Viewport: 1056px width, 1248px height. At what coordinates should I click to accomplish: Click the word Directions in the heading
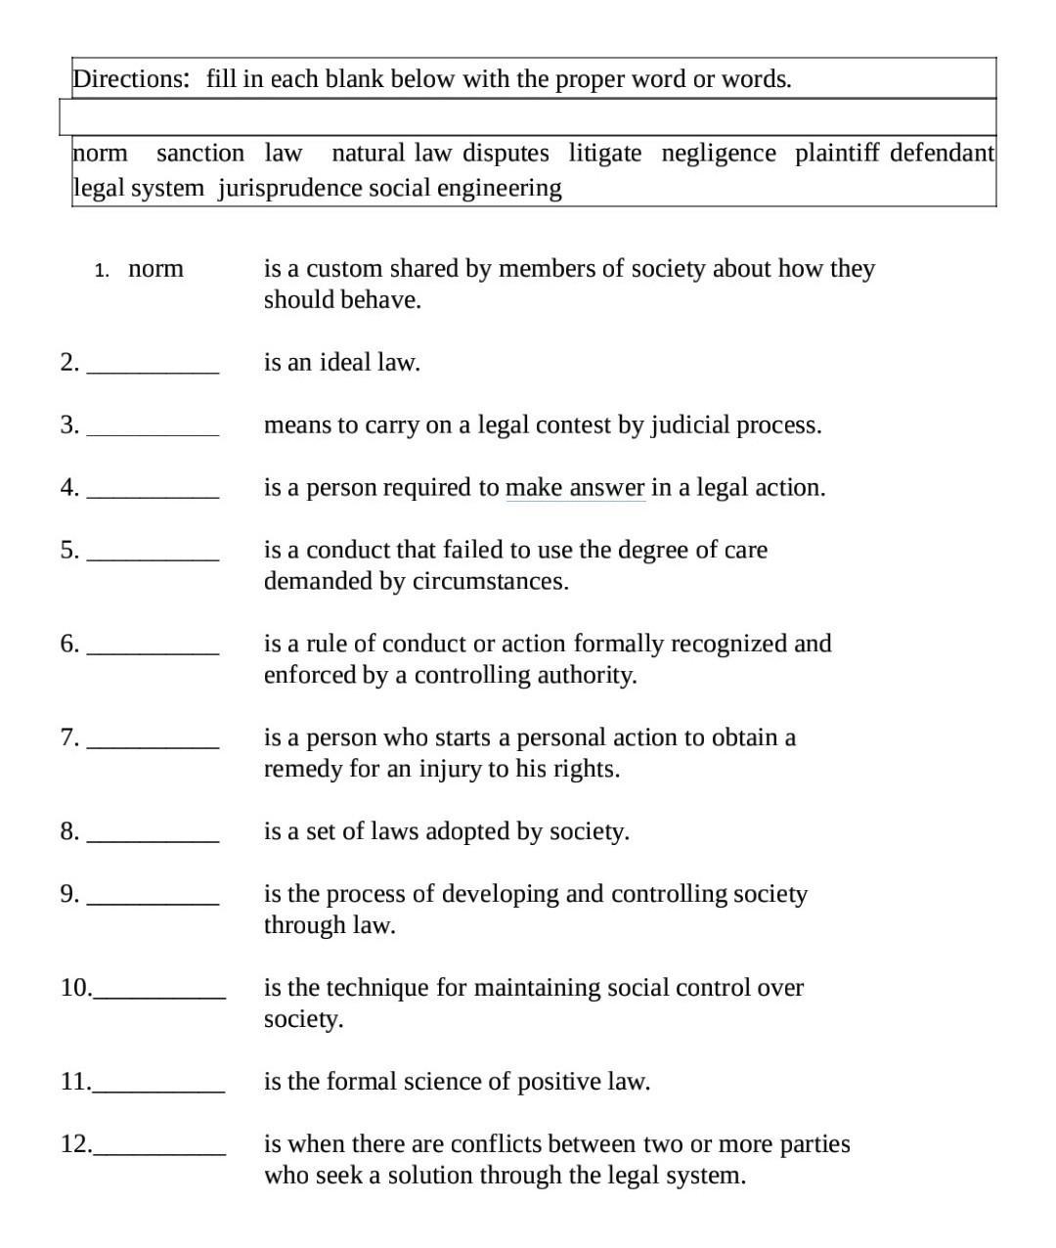tap(130, 79)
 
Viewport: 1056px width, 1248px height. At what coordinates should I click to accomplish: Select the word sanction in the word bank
tap(200, 154)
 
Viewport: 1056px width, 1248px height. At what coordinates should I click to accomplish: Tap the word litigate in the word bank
tap(605, 154)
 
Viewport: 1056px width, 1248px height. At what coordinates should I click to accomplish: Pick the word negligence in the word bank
tap(719, 154)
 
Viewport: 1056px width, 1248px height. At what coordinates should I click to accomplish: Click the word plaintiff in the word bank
tap(837, 154)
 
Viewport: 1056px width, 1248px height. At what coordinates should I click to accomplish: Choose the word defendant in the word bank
tap(942, 154)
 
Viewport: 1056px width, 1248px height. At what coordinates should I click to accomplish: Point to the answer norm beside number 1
tap(155, 269)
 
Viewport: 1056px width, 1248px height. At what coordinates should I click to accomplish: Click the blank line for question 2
tap(153, 371)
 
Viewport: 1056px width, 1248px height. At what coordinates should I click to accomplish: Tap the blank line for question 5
tap(153, 558)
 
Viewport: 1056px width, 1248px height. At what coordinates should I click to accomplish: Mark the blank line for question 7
tap(153, 746)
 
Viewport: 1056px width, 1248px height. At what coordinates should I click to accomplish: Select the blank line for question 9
tap(153, 903)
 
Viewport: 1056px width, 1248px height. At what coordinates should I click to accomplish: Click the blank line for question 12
tap(159, 1153)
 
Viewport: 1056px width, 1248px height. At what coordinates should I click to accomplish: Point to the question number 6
tap(69, 644)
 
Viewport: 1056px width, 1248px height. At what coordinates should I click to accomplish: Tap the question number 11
tap(74, 1082)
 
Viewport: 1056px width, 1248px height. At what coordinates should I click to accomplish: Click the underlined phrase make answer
tap(575, 488)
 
